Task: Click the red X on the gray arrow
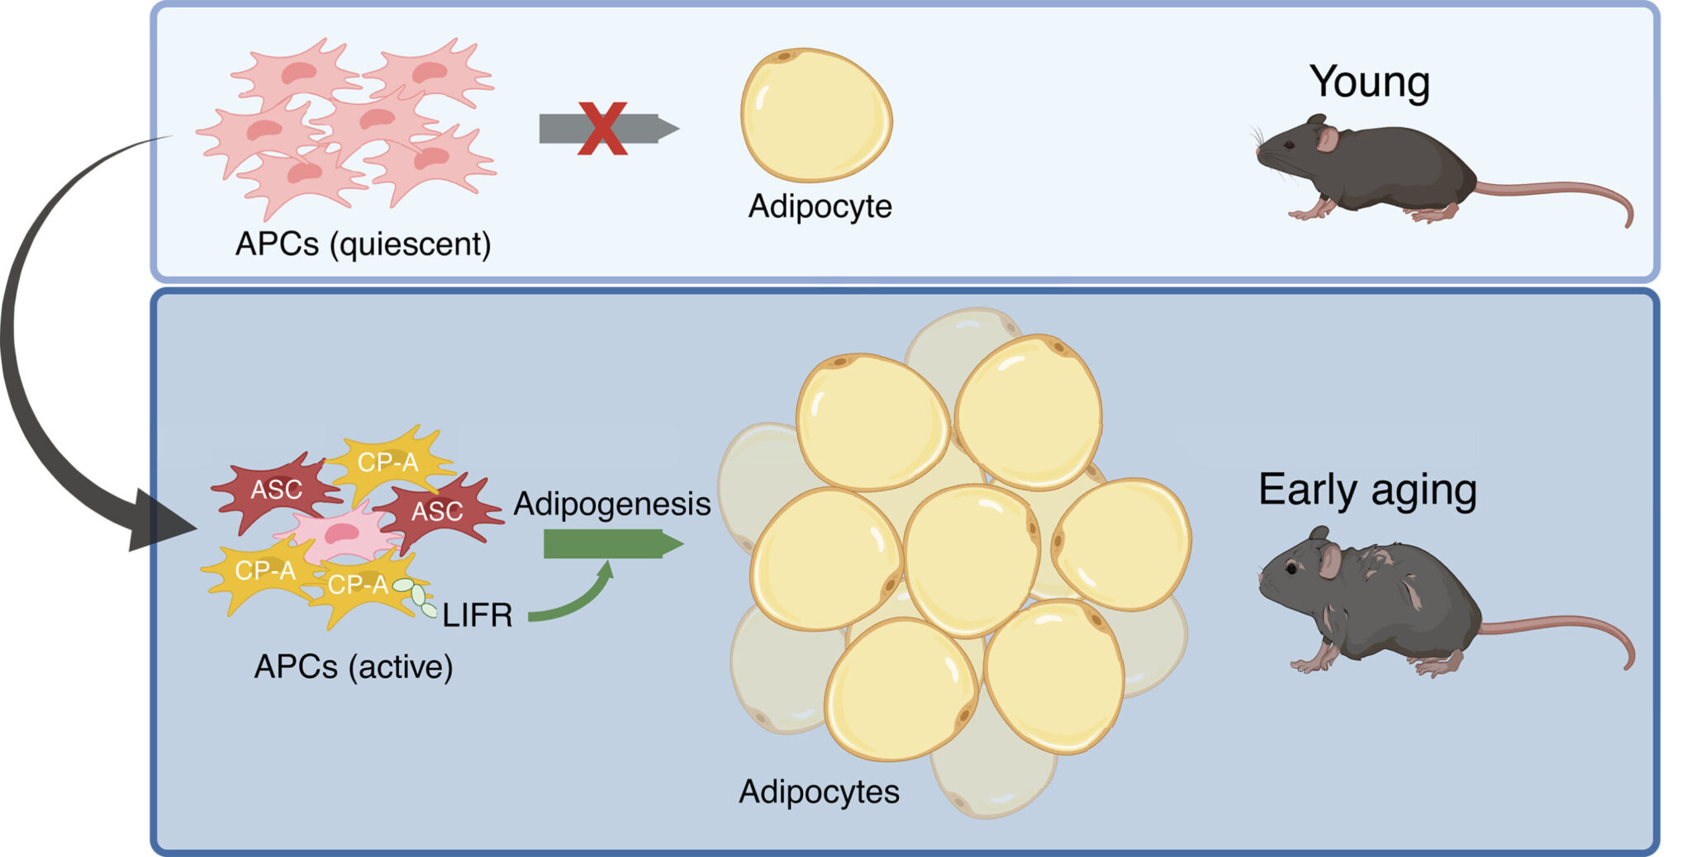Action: pyautogui.click(x=602, y=129)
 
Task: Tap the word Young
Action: pyautogui.click(x=1369, y=83)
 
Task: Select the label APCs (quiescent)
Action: pyautogui.click(x=363, y=244)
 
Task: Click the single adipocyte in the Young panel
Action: pyautogui.click(x=815, y=115)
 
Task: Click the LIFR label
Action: pyautogui.click(x=478, y=616)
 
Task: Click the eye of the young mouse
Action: pyautogui.click(x=1289, y=145)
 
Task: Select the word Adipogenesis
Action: pyautogui.click(x=611, y=504)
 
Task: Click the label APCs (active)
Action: pyautogui.click(x=354, y=667)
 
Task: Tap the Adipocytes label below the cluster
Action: pyautogui.click(x=819, y=792)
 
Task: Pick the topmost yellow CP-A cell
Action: pyautogui.click(x=388, y=462)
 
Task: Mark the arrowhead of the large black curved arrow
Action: pyautogui.click(x=157, y=524)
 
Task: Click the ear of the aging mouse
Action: pyautogui.click(x=1329, y=559)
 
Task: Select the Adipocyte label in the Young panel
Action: pyautogui.click(x=820, y=206)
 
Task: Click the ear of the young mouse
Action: pyautogui.click(x=1327, y=138)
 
